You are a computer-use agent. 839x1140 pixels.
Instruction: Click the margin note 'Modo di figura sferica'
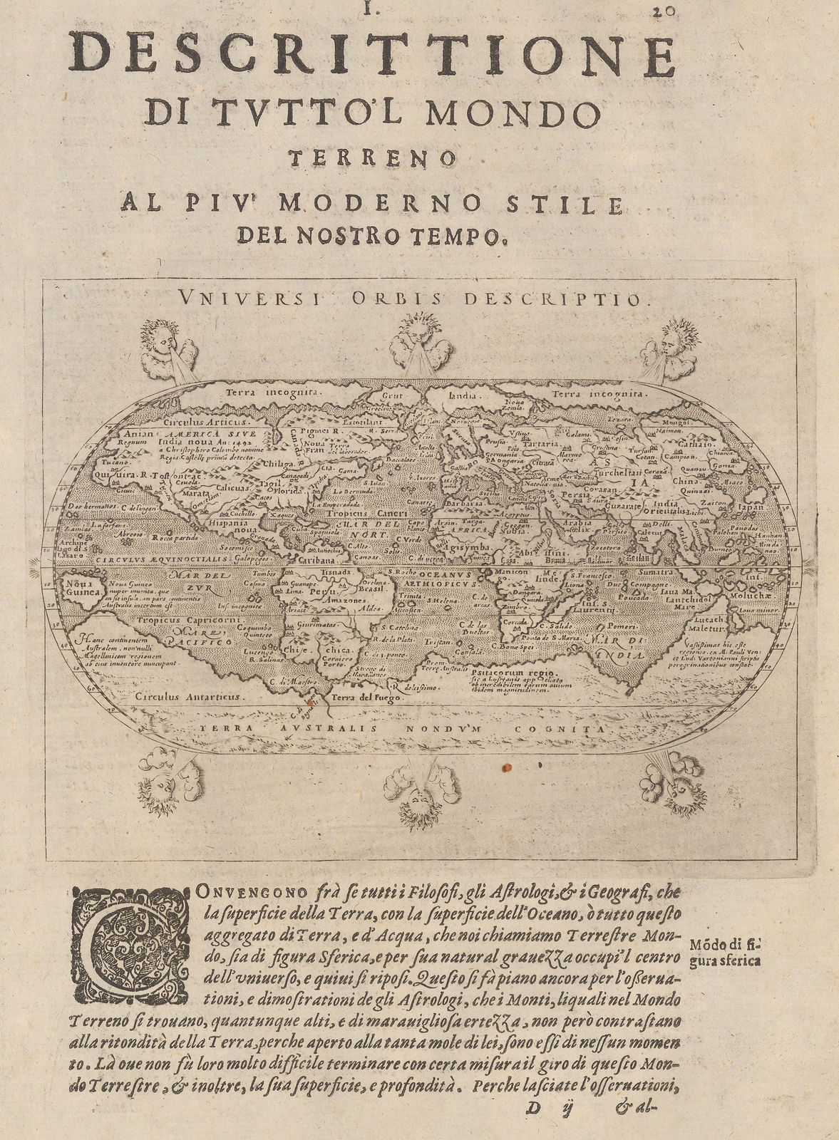(724, 952)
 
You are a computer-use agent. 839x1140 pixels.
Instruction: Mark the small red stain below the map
(507, 768)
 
